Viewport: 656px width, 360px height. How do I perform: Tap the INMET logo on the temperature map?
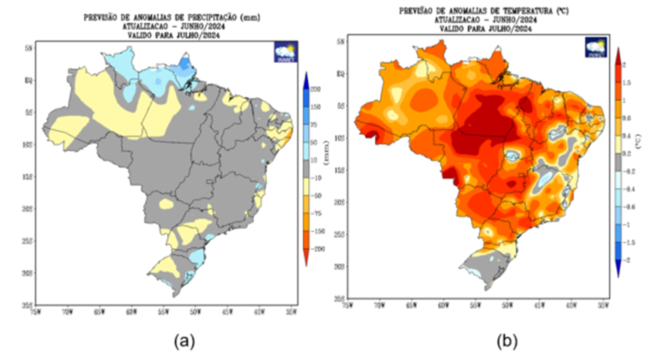[596, 47]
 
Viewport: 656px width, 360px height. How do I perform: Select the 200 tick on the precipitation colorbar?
[316, 88]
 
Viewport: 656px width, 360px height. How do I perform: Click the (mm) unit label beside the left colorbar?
[327, 156]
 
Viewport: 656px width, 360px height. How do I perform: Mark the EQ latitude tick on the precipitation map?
[28, 78]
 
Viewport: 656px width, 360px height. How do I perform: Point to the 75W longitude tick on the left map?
[37, 309]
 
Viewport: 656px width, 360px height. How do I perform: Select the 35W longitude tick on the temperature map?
[602, 305]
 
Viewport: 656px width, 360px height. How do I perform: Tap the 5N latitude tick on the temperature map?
[340, 42]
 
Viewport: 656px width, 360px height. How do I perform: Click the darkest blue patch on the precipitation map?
[178, 67]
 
